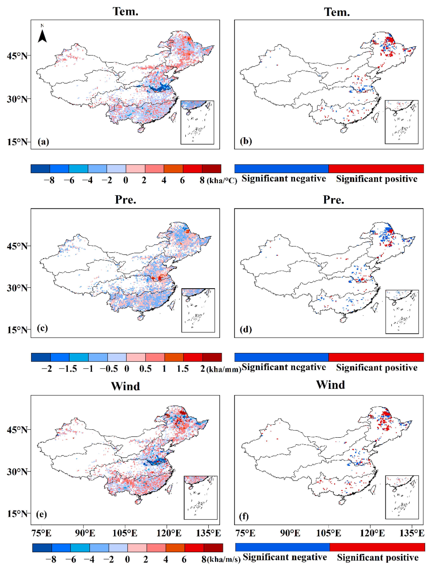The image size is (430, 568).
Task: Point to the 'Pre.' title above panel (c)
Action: (125, 199)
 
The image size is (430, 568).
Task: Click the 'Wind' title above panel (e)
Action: (125, 386)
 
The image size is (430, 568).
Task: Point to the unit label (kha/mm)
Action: (224, 370)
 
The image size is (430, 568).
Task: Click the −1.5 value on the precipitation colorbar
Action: (68, 369)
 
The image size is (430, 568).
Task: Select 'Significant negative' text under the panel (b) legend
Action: (284, 179)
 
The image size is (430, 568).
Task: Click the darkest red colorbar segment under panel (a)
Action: (211, 169)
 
